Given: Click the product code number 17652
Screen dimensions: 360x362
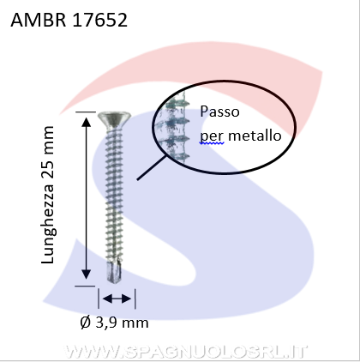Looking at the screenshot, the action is (x=99, y=20).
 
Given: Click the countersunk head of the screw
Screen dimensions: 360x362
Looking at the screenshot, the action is (x=114, y=119).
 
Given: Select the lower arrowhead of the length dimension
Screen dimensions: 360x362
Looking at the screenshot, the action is (x=87, y=275).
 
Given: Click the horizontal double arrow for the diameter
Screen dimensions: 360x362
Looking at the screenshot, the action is (x=117, y=299).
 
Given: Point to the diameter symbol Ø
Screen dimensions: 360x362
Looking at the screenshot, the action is (x=86, y=323).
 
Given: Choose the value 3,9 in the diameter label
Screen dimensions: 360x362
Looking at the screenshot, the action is (x=105, y=323).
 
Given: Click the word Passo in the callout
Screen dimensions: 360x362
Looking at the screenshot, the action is (x=219, y=112).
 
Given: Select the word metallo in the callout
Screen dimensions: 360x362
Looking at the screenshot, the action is (x=255, y=136).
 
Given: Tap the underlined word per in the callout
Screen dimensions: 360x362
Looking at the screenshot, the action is (x=212, y=136).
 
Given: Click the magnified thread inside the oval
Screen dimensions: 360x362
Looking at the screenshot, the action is (x=175, y=130).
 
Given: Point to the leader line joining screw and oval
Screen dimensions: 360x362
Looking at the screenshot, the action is (x=152, y=168).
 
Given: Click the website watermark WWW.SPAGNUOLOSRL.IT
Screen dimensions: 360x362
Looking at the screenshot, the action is (x=185, y=352).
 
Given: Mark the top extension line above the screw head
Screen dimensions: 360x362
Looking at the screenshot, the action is (x=86, y=112).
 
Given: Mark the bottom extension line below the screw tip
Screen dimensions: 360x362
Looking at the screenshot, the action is (x=85, y=286).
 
